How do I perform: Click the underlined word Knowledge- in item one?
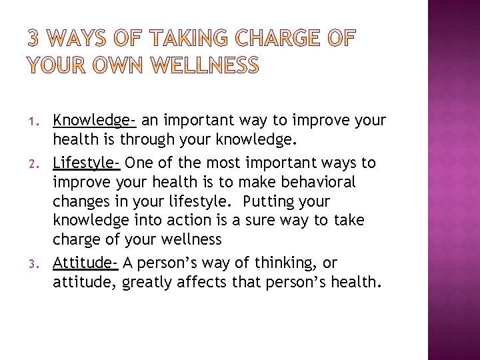[x=95, y=121]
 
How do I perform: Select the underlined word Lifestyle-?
[x=87, y=163]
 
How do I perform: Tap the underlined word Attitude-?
[x=85, y=263]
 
